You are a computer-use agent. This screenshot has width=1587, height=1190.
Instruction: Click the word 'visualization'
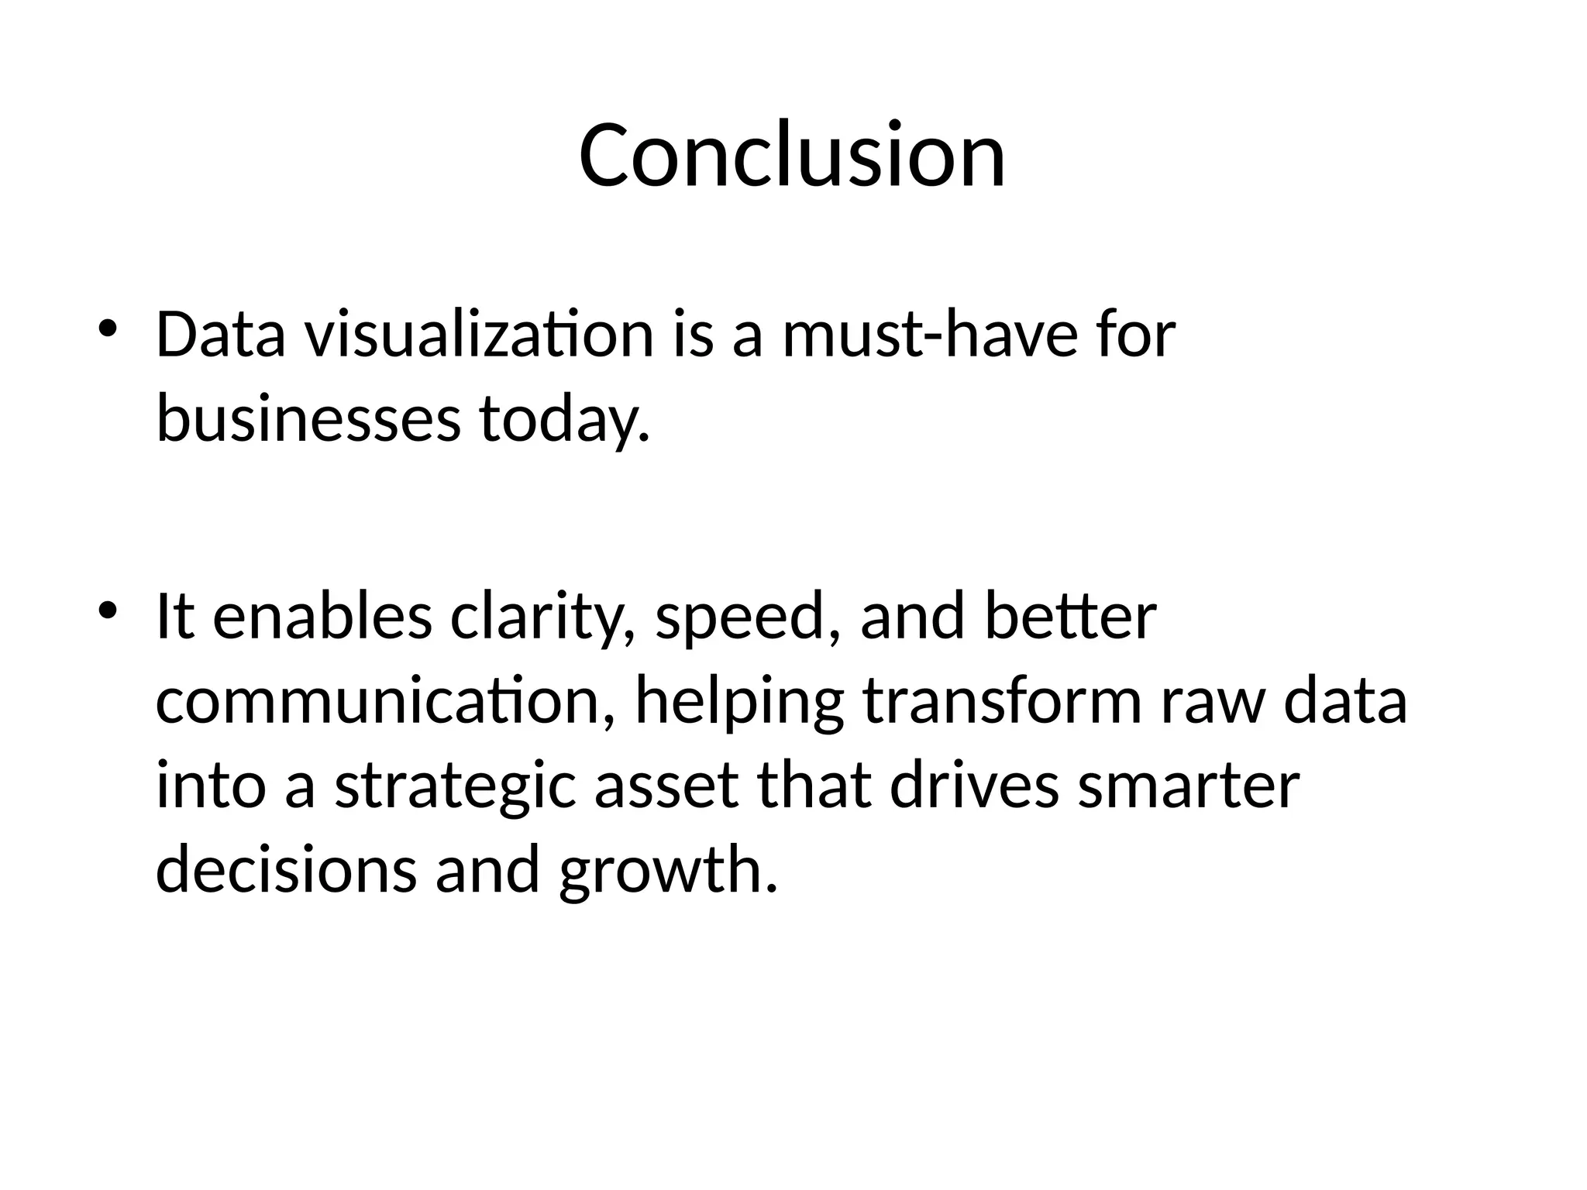[479, 335]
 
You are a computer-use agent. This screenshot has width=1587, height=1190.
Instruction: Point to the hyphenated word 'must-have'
[930, 335]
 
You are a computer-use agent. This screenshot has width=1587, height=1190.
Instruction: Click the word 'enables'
[322, 617]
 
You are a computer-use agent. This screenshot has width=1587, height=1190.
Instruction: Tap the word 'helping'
[739, 701]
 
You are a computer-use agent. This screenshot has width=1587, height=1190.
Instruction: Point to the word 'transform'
[1002, 701]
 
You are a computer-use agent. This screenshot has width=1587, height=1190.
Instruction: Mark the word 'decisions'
[286, 869]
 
